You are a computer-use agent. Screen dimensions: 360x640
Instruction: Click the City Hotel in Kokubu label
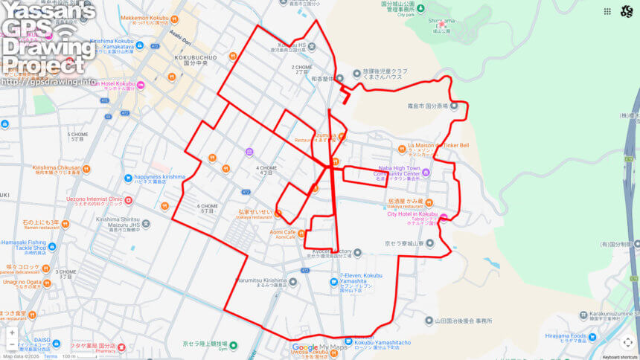click(412, 214)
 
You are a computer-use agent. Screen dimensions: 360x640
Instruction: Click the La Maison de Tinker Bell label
click(438, 145)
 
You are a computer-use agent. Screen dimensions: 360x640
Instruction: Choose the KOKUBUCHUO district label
click(195, 56)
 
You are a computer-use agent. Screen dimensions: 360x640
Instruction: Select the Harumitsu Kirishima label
click(260, 280)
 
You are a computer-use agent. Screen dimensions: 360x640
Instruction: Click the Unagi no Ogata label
click(25, 282)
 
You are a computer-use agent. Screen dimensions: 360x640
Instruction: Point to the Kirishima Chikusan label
click(57, 168)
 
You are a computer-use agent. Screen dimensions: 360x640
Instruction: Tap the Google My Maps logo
click(320, 347)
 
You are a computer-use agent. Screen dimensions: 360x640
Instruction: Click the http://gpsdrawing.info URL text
click(49, 82)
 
